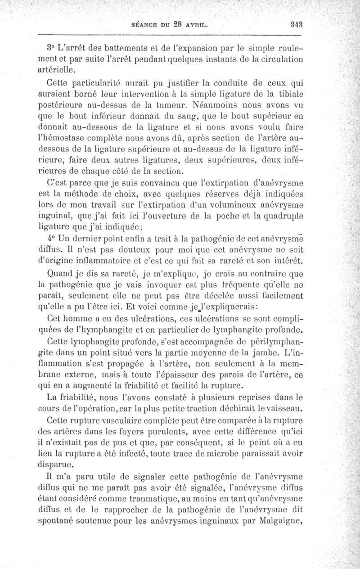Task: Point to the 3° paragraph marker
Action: pyautogui.click(x=51, y=48)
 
